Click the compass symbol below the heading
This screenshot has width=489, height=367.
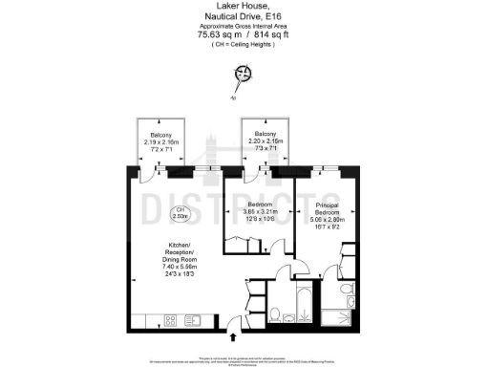coord(244,76)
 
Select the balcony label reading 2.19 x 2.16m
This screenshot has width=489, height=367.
coord(159,141)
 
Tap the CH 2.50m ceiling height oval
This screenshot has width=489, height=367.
coord(179,214)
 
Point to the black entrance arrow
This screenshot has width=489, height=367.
coord(234,336)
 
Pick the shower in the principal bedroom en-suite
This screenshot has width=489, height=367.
coord(337,316)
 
